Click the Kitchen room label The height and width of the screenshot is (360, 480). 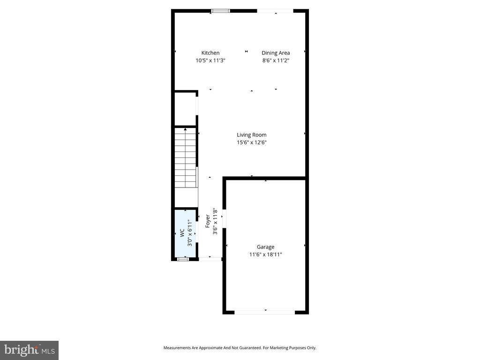pos(210,53)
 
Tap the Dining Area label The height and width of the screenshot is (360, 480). pos(276,53)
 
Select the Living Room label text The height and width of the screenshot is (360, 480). pos(251,135)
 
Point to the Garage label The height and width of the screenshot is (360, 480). pos(265,247)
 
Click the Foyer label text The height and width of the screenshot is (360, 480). pos(208,221)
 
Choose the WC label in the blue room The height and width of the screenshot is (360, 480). pos(181,233)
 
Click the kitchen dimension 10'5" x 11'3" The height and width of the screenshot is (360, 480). pos(210,60)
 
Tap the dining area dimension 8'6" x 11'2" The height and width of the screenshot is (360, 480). pos(276,60)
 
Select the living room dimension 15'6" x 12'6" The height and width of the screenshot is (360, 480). pos(251,142)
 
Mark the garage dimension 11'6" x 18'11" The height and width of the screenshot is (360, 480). pos(265,255)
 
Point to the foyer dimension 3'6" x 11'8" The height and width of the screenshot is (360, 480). pos(215,221)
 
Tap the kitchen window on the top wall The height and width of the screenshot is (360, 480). pos(220,11)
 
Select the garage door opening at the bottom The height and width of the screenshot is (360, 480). pos(265,312)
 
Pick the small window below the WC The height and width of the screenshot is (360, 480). pos(183,259)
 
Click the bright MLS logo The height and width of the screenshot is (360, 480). pos(29,350)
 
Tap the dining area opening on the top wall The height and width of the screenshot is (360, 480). pos(275,11)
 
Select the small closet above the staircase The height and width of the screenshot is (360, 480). pos(185,109)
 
